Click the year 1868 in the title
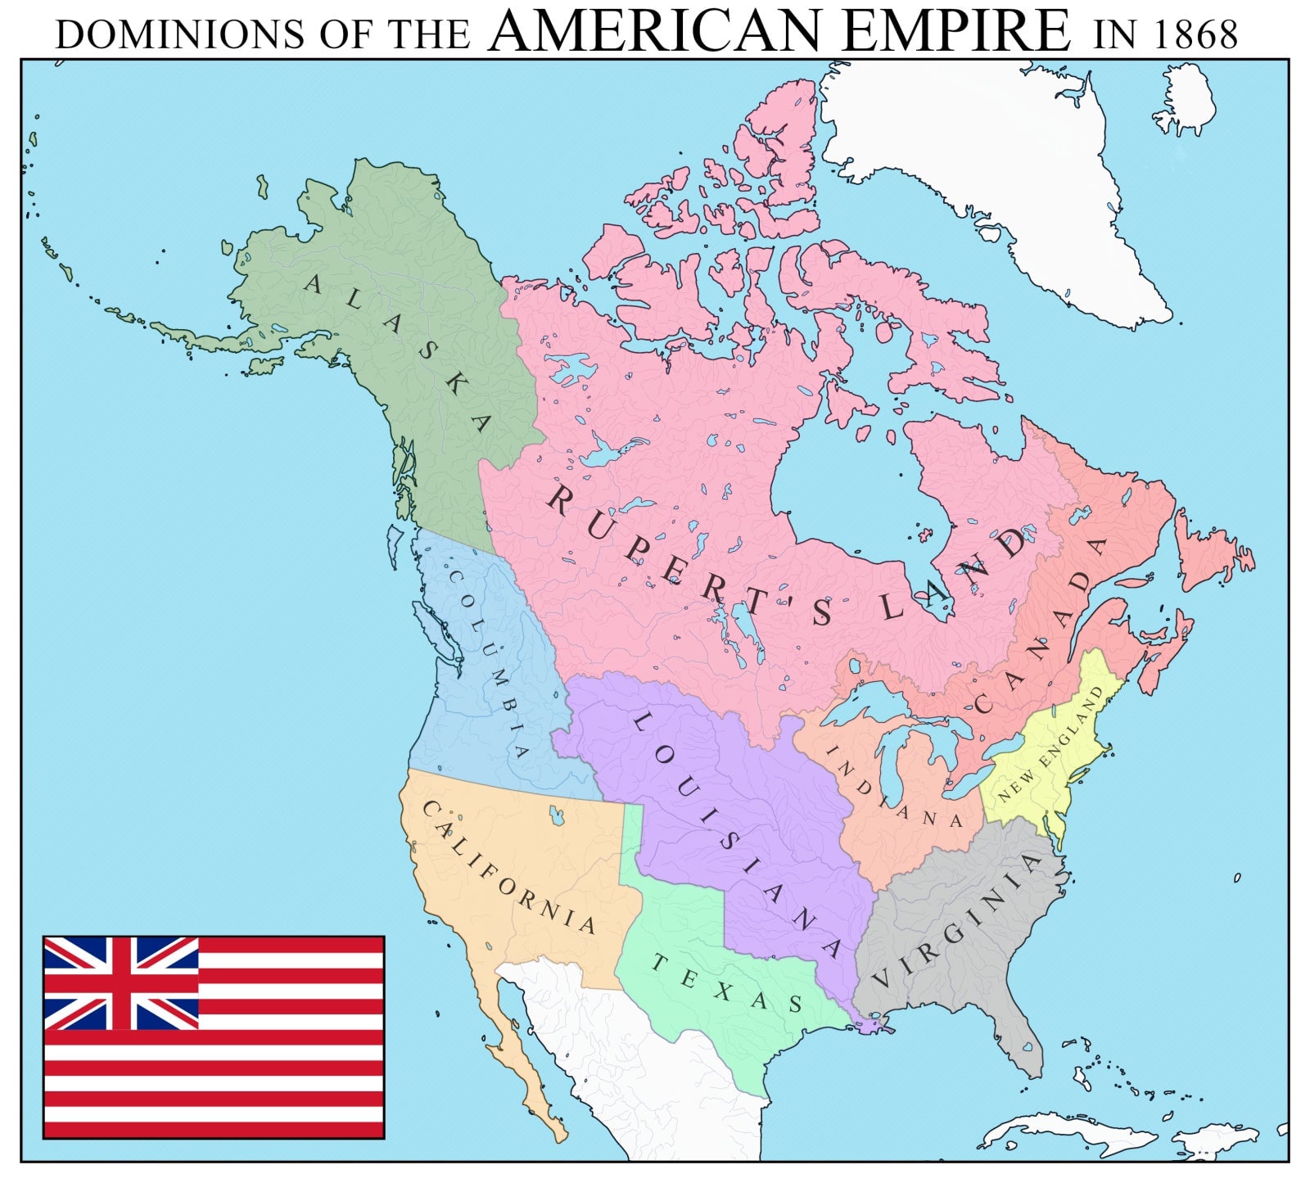[1197, 35]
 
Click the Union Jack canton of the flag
[121, 982]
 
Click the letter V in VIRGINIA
[881, 979]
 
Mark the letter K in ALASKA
[452, 383]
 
